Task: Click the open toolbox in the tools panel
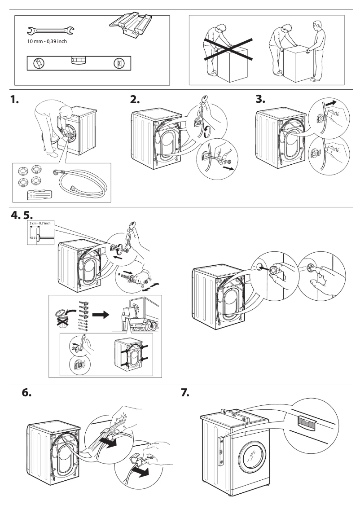point(130,26)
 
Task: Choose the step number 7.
point(185,392)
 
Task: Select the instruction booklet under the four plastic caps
point(39,194)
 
